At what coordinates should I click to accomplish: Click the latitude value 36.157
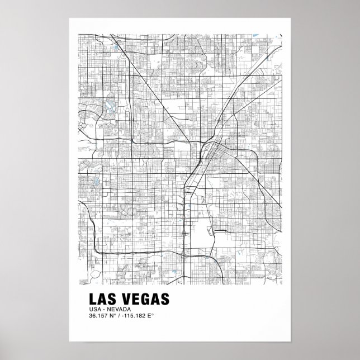98,316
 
